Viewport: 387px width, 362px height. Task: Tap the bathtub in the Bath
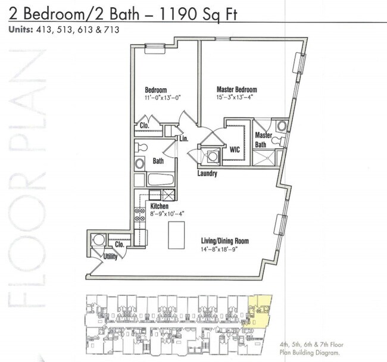tap(160, 180)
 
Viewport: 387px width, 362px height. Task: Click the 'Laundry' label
tap(208, 174)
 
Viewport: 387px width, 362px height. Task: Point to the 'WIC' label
tap(235, 150)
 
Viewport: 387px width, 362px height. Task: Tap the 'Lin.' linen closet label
tap(184, 138)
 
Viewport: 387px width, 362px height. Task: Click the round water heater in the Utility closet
tap(99, 240)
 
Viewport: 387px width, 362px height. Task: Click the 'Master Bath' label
tap(264, 139)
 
